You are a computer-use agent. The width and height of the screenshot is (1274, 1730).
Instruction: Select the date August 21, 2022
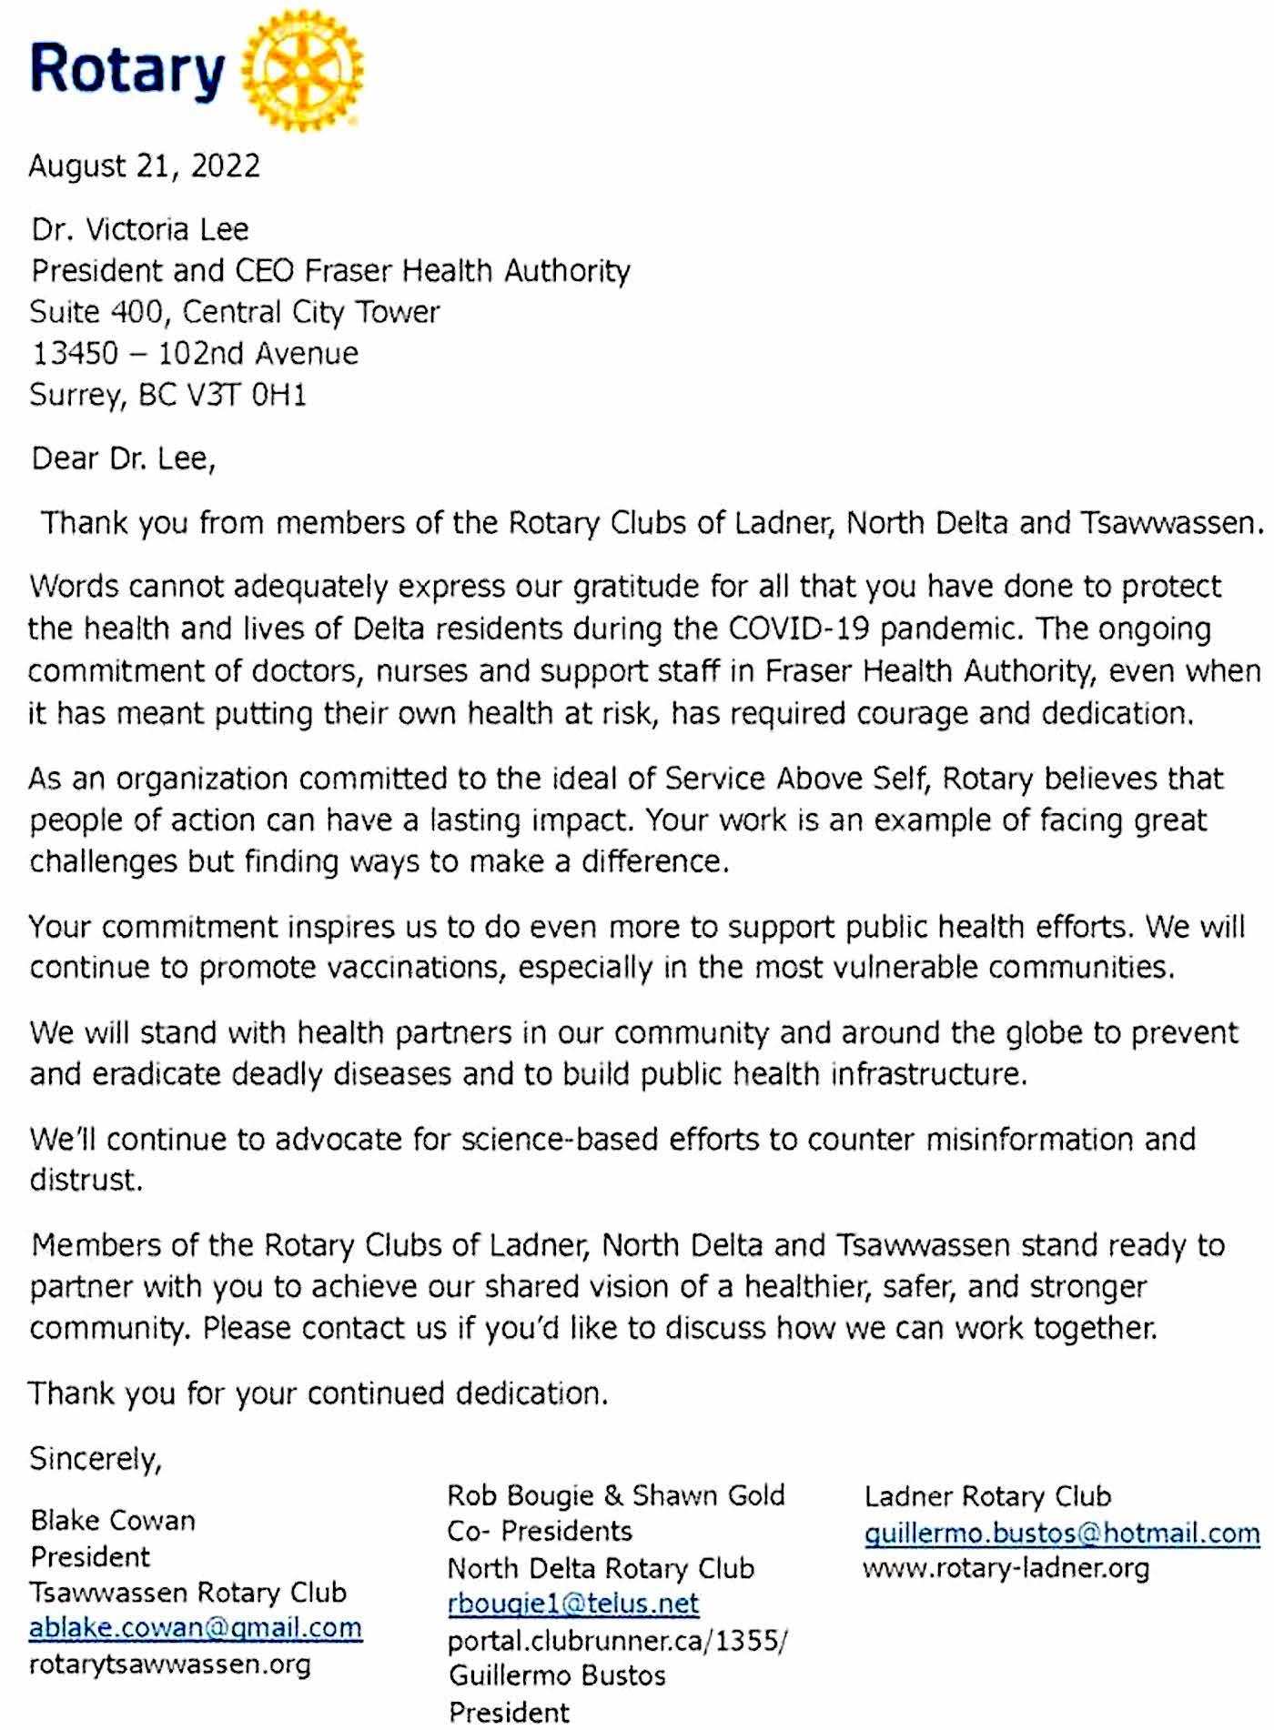145,166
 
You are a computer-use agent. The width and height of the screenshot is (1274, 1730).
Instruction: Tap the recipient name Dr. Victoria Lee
140,229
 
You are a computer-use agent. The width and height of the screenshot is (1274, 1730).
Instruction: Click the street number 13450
75,354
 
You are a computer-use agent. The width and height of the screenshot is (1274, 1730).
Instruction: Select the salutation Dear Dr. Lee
123,458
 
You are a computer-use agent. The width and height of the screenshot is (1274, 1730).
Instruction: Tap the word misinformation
1029,1140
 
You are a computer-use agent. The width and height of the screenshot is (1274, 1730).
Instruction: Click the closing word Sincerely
96,1459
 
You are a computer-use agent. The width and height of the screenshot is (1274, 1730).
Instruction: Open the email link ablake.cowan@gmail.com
196,1627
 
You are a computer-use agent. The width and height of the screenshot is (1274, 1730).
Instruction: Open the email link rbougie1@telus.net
573,1603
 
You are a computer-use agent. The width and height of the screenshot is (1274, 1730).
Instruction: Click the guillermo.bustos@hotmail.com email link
1062,1534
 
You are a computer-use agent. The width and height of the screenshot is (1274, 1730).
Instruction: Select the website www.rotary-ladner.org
1006,1569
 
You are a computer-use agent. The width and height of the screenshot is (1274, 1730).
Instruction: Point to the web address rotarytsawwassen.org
170,1665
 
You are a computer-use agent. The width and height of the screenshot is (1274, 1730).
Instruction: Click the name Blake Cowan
113,1521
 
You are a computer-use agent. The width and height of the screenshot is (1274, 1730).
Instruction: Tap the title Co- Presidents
540,1532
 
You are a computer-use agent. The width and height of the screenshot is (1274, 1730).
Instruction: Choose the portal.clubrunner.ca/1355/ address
618,1641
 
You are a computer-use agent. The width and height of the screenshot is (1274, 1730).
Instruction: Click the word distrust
86,1181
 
